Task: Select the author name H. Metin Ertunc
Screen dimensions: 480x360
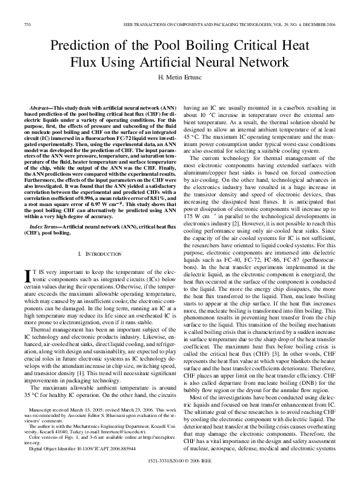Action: tap(179, 78)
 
